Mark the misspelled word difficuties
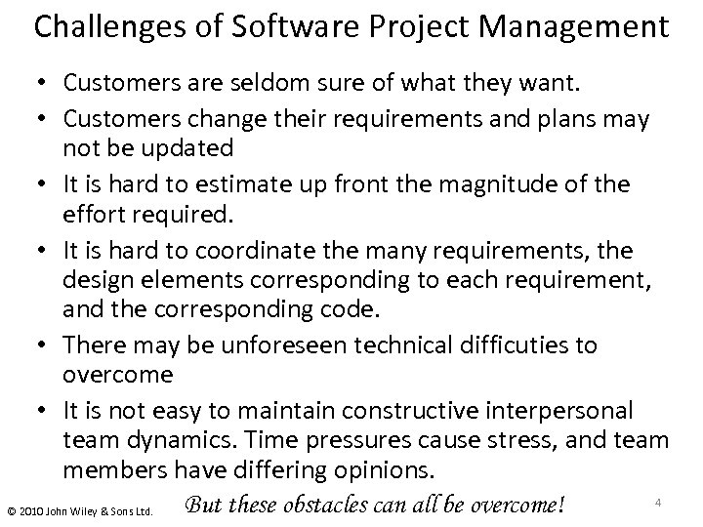click(518, 345)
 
